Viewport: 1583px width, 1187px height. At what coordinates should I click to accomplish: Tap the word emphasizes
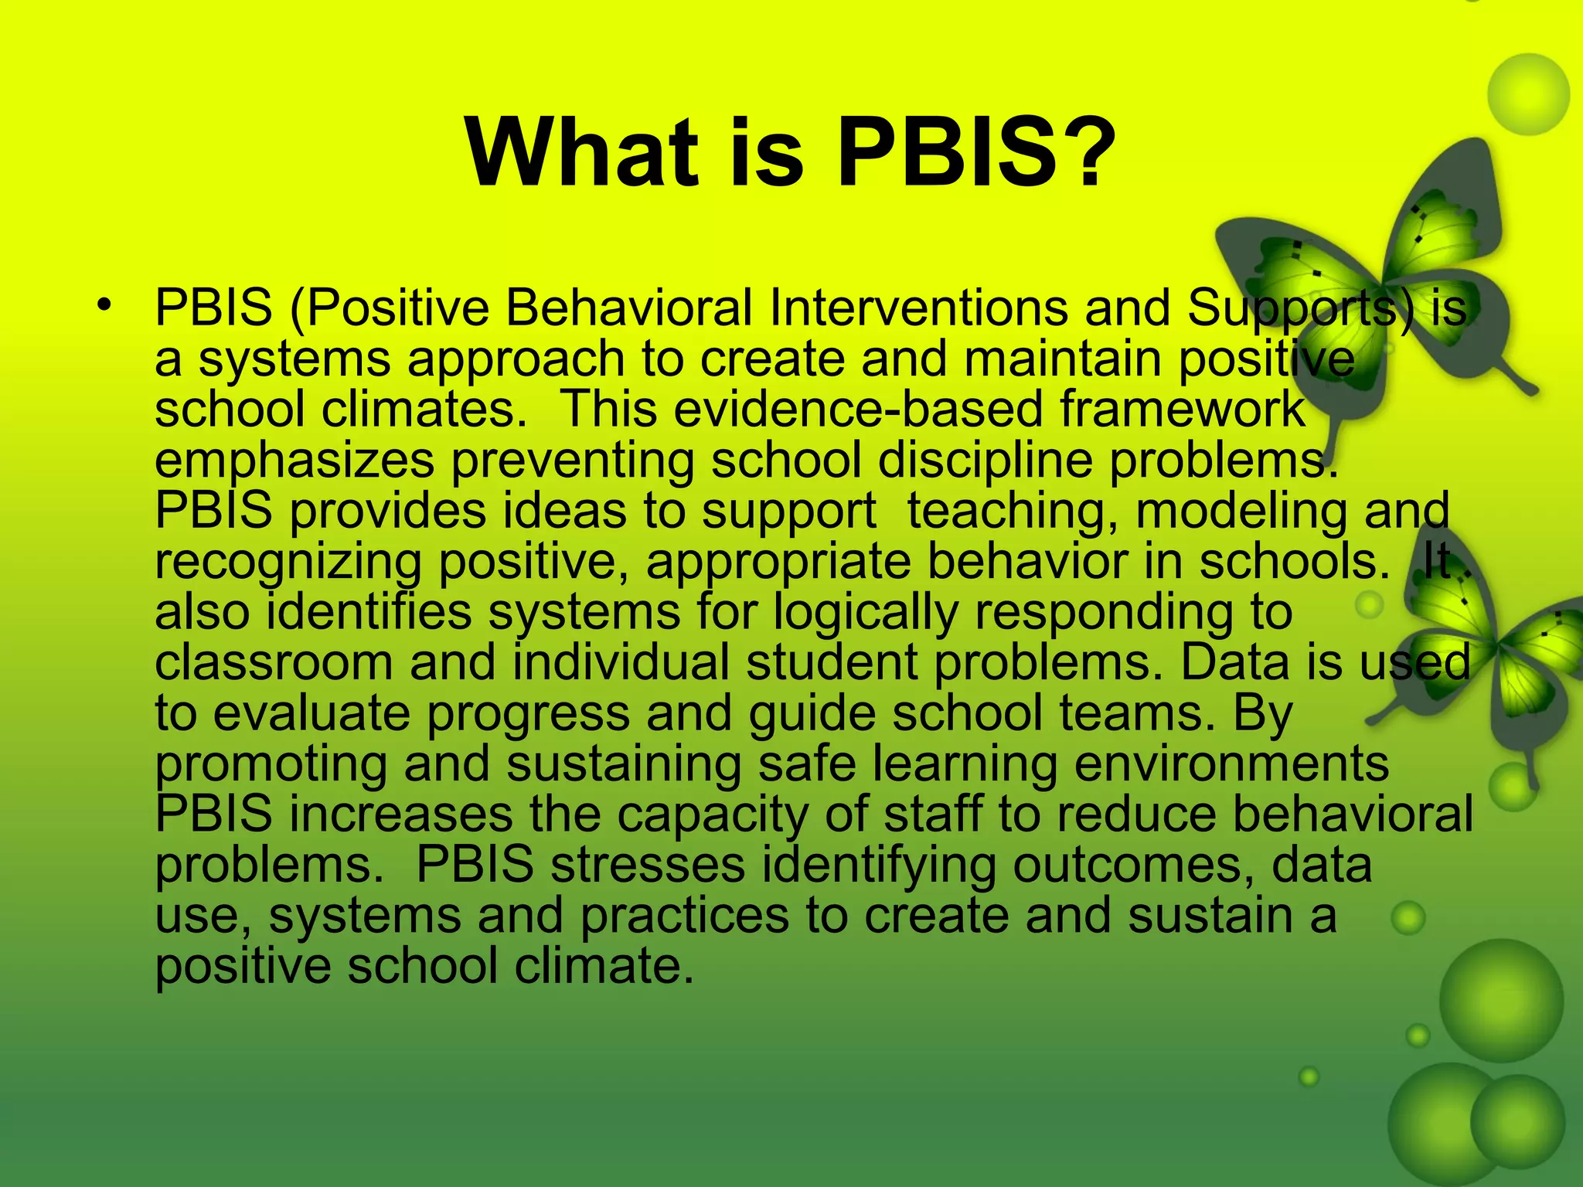click(x=294, y=461)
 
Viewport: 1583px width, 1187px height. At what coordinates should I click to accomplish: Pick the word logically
click(x=866, y=613)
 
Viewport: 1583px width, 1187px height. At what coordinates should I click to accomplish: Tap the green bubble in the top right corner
click(x=1528, y=94)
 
